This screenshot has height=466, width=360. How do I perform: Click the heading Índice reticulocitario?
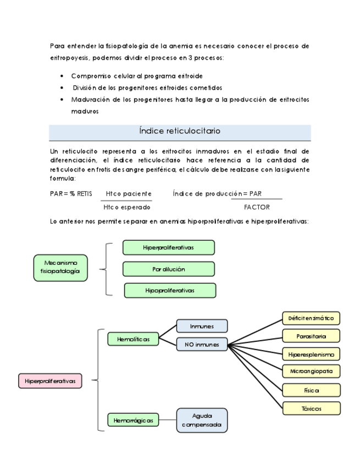tap(180, 131)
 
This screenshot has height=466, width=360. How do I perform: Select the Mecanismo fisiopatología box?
tap(60, 268)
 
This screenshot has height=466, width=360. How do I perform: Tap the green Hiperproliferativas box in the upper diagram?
tap(168, 248)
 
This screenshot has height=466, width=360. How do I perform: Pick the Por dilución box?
tap(168, 269)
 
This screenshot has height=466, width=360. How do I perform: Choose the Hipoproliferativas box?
tap(170, 290)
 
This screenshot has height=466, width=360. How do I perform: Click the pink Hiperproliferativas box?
tap(50, 380)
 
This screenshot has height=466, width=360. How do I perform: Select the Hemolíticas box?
tap(133, 340)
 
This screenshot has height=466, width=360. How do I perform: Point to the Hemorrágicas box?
tap(134, 421)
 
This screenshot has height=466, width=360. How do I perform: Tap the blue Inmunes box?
tap(201, 326)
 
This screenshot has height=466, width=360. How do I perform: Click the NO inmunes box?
tap(201, 345)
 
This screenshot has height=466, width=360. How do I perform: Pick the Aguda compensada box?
tap(202, 420)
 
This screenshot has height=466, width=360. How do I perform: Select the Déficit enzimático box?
tap(311, 318)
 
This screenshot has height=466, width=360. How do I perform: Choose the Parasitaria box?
tap(311, 336)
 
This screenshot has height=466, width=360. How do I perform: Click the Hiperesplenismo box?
tap(311, 354)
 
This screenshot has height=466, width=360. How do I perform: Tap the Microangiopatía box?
tap(311, 371)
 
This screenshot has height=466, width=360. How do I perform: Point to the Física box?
tap(311, 390)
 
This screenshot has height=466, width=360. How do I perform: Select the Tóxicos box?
tap(311, 408)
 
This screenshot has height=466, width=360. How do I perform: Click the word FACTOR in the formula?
tap(257, 207)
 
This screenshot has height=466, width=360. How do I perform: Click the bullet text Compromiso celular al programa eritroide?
tap(140, 76)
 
